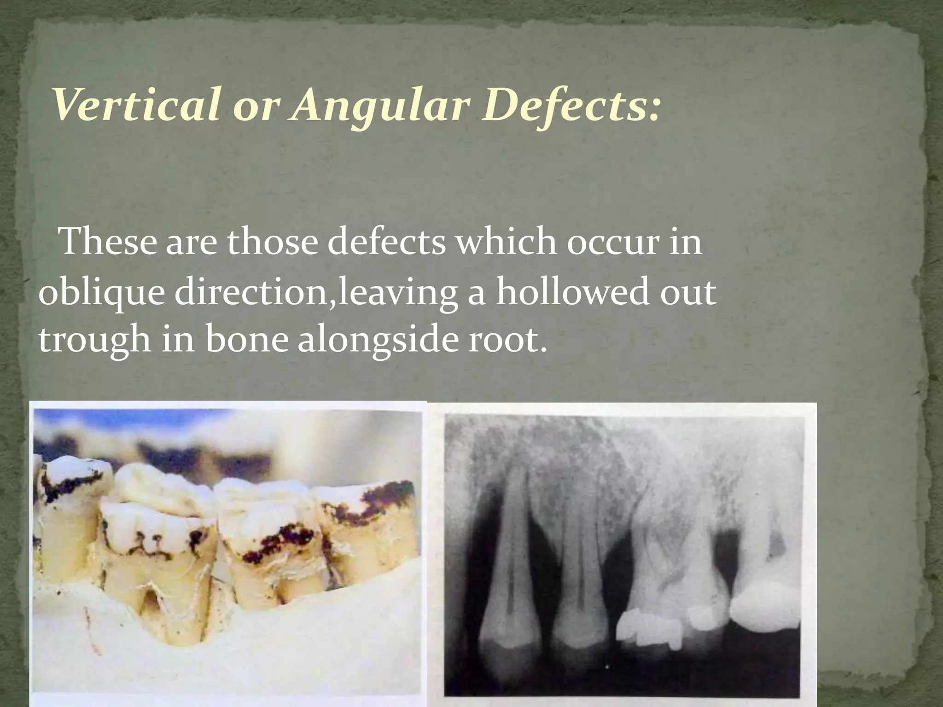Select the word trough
pyautogui.click(x=95, y=341)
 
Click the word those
pyautogui.click(x=272, y=241)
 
